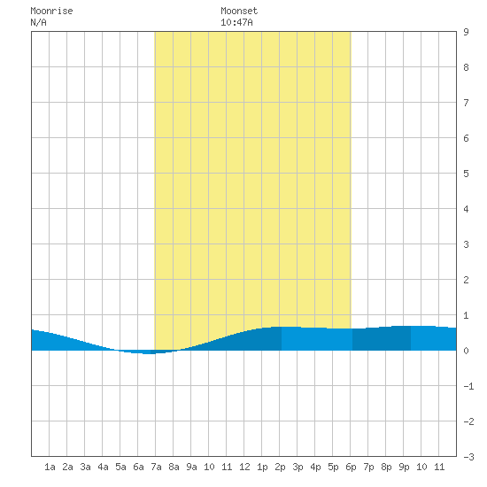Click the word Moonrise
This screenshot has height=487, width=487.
click(51, 11)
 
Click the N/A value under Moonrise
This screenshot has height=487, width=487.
click(38, 22)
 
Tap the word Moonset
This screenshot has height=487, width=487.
click(239, 11)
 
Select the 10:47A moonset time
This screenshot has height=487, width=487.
click(236, 22)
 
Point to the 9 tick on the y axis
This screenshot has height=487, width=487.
click(466, 32)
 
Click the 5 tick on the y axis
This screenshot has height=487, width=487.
click(466, 174)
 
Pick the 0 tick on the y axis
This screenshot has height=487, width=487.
click(466, 351)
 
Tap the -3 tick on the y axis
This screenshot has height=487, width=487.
click(469, 457)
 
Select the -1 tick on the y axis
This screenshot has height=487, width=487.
click(469, 386)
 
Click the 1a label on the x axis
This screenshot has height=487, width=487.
click(50, 467)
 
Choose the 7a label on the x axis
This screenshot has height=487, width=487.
click(156, 467)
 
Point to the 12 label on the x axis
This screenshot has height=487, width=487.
click(244, 467)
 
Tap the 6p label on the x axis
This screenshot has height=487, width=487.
click(351, 467)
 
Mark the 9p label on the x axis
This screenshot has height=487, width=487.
click(404, 467)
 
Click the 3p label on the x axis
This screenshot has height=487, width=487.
click(298, 467)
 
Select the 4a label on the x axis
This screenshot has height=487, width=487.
click(103, 467)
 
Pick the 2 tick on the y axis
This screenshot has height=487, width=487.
click(466, 280)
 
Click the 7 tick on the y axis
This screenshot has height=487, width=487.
click(466, 103)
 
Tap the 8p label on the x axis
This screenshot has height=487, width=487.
click(386, 467)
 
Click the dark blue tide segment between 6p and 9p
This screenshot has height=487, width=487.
click(382, 338)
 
